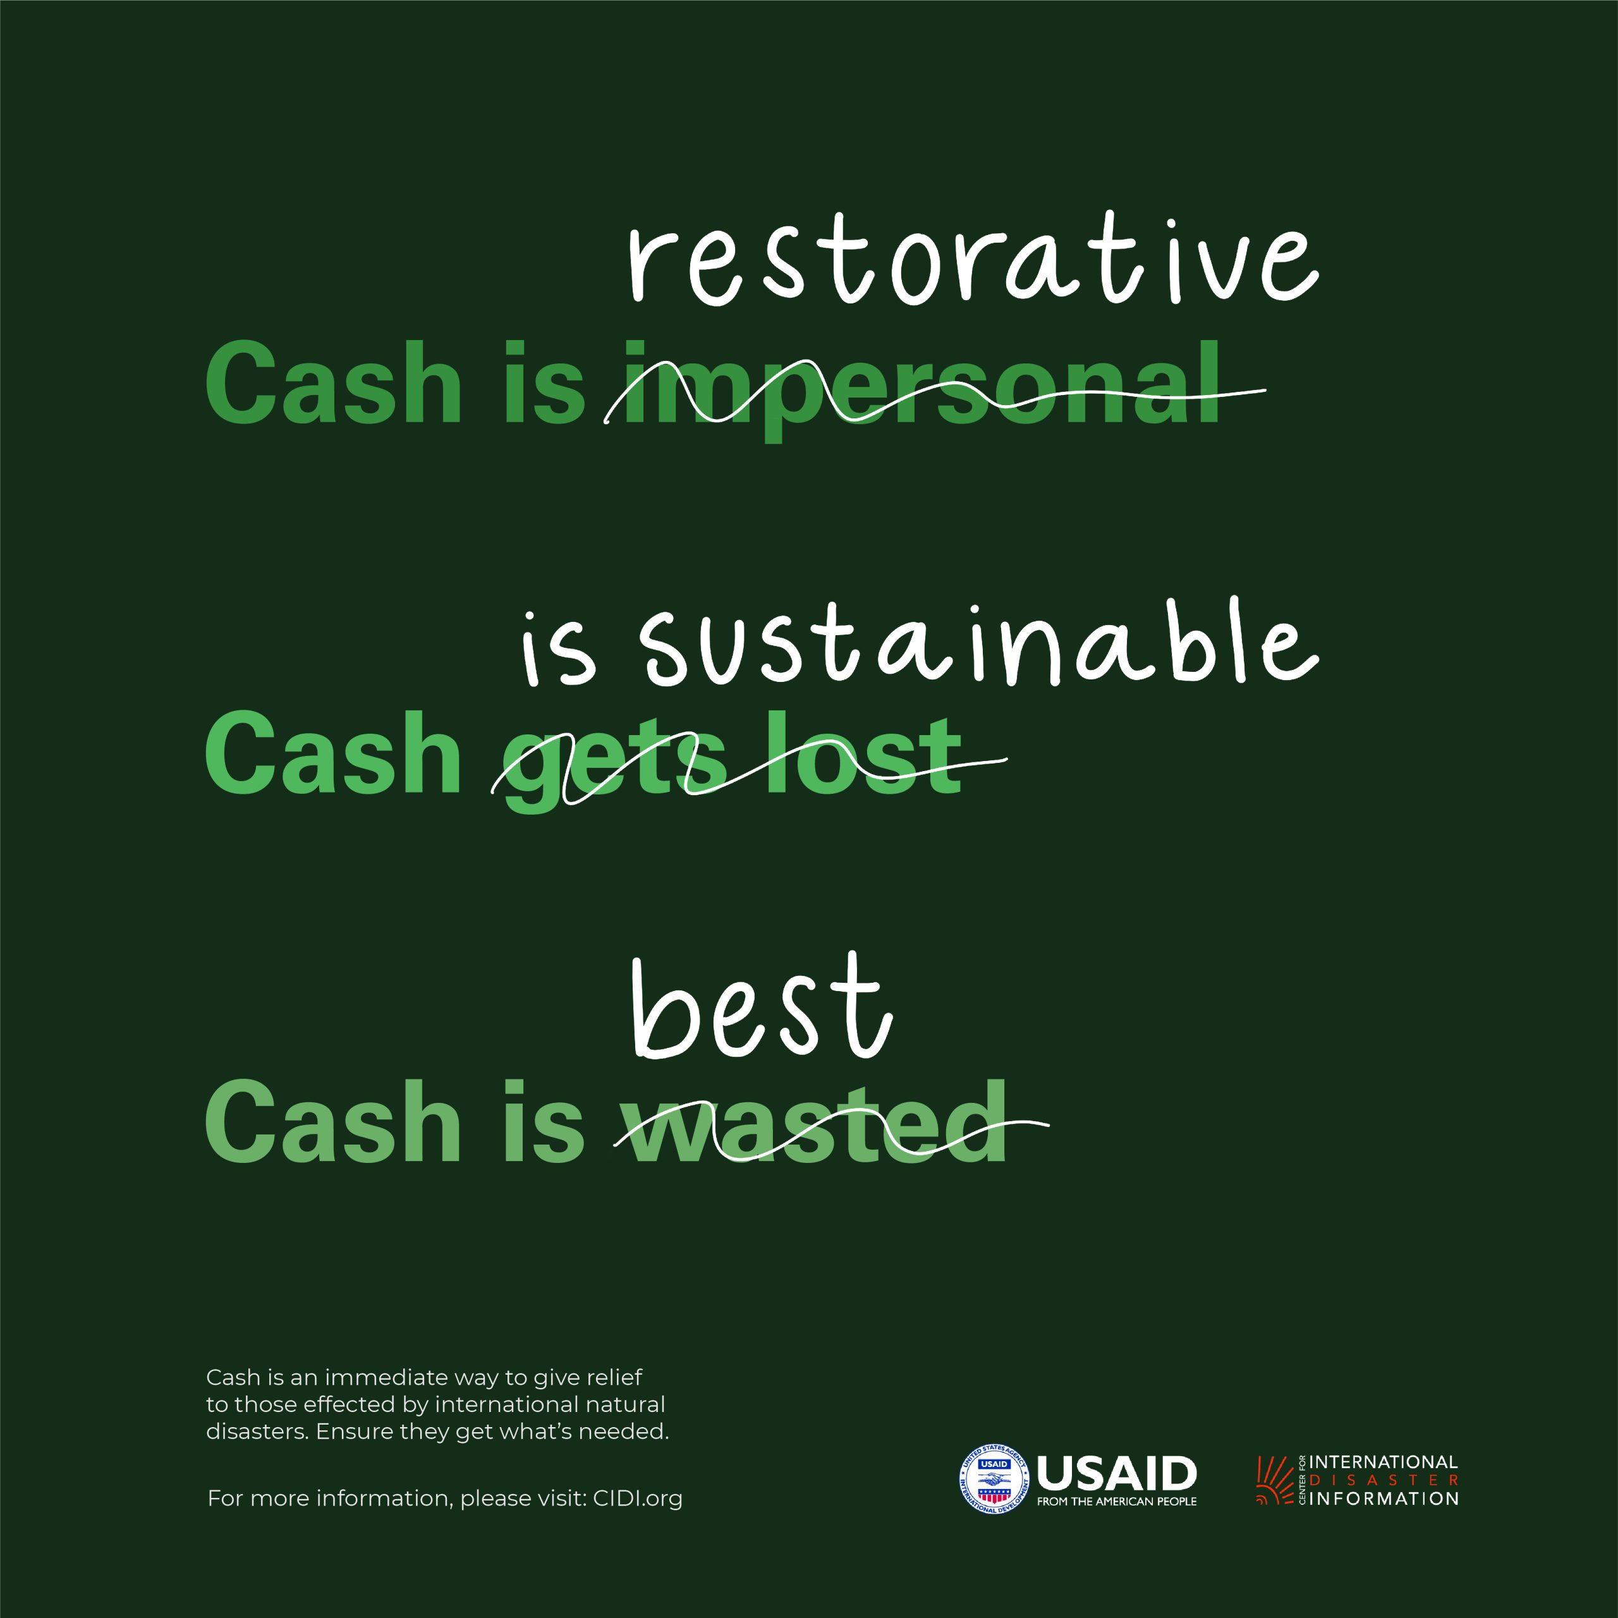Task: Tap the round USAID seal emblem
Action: click(x=994, y=1480)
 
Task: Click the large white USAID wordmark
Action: click(x=1116, y=1472)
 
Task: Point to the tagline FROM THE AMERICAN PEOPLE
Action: click(x=1116, y=1500)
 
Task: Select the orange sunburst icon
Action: click(x=1275, y=1480)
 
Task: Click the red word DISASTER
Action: click(x=1384, y=1480)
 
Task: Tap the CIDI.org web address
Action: click(x=637, y=1499)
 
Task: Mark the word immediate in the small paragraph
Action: click(x=386, y=1378)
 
